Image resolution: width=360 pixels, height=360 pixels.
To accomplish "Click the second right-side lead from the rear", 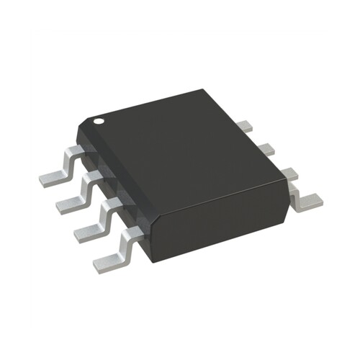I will (x=265, y=148).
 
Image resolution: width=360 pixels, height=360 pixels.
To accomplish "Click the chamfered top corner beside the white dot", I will (x=88, y=121).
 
